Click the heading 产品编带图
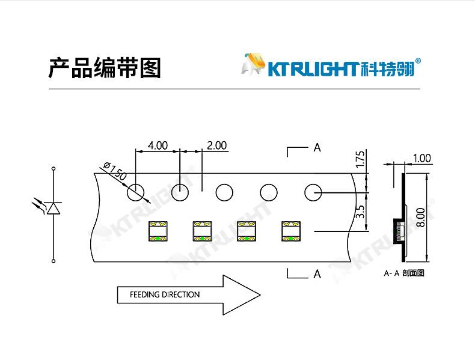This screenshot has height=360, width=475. (105, 69)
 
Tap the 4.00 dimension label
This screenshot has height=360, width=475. (158, 145)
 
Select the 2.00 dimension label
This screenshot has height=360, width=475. (216, 145)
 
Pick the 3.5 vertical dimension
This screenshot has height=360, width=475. (361, 211)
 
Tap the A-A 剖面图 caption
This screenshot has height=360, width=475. (404, 273)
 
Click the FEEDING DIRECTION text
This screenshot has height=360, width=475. (165, 294)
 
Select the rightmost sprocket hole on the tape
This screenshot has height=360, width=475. (313, 193)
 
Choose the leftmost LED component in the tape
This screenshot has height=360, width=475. (158, 231)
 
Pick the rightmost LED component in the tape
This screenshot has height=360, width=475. (291, 231)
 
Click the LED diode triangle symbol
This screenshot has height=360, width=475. (54, 208)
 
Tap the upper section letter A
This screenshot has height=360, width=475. (317, 148)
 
